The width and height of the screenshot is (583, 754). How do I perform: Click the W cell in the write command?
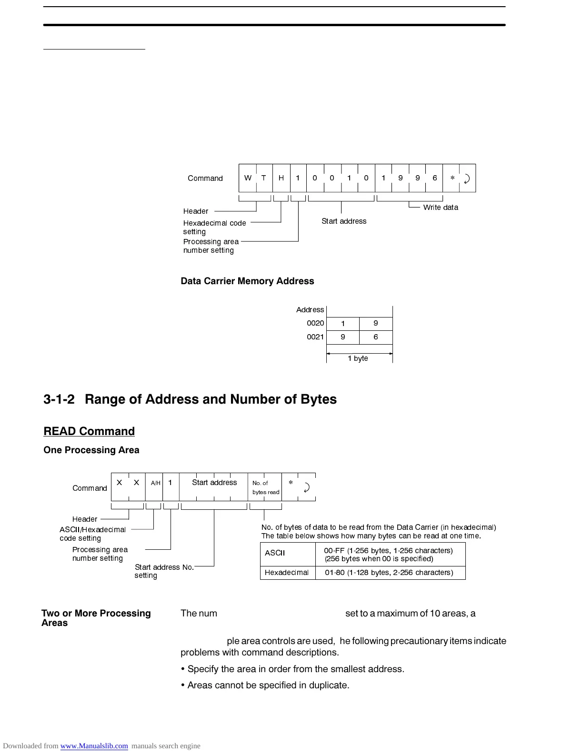tap(248, 178)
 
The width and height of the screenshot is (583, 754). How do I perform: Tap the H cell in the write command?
tap(281, 178)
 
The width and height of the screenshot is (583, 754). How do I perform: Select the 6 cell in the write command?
tap(434, 178)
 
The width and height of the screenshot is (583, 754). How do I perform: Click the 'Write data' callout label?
tap(441, 207)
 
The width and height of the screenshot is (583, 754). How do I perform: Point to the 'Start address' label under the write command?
tap(344, 221)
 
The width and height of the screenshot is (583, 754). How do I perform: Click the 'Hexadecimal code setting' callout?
tap(214, 227)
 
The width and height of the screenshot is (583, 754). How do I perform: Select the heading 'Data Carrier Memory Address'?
tap(247, 281)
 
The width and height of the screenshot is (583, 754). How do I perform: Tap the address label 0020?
tap(315, 323)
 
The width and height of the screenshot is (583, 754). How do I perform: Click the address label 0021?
tap(315, 337)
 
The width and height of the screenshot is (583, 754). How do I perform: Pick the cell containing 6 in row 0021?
tap(376, 337)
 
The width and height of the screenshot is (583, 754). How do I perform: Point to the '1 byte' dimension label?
tap(358, 358)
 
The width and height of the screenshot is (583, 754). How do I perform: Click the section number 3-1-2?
tap(59, 399)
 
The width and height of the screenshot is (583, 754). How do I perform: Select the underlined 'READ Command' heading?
tap(89, 431)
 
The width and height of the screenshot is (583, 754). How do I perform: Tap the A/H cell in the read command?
tap(155, 483)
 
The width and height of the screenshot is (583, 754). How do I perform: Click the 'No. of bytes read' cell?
tap(265, 487)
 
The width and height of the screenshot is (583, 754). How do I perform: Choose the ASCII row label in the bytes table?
tap(275, 553)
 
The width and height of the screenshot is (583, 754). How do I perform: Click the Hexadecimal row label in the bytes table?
tap(287, 572)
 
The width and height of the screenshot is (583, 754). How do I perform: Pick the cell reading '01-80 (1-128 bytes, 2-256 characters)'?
tap(389, 572)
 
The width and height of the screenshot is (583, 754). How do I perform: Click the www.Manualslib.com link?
tap(94, 746)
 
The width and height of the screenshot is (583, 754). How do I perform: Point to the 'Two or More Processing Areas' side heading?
tap(96, 618)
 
